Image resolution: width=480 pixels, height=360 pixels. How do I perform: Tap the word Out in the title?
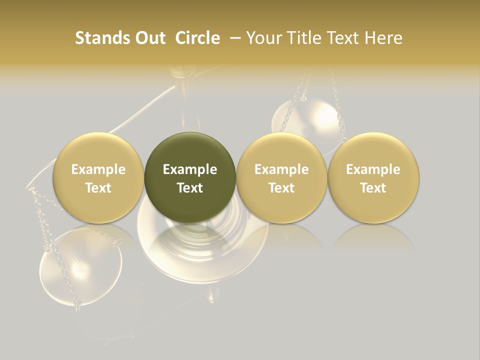[149, 38]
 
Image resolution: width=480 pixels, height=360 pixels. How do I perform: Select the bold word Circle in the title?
[198, 38]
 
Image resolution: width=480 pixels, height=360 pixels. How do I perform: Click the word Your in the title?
[262, 38]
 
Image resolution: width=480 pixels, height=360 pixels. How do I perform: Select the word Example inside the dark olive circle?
[190, 169]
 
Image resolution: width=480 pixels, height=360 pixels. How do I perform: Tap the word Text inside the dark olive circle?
[190, 188]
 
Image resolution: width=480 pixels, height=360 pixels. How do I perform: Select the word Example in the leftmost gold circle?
[98, 169]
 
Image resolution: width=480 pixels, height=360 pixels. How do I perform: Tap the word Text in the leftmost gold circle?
[98, 188]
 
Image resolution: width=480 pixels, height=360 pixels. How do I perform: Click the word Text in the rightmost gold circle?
[373, 188]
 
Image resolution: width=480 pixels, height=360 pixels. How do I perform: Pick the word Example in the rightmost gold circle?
[373, 169]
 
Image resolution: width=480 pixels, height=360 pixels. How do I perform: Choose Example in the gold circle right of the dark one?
[281, 169]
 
